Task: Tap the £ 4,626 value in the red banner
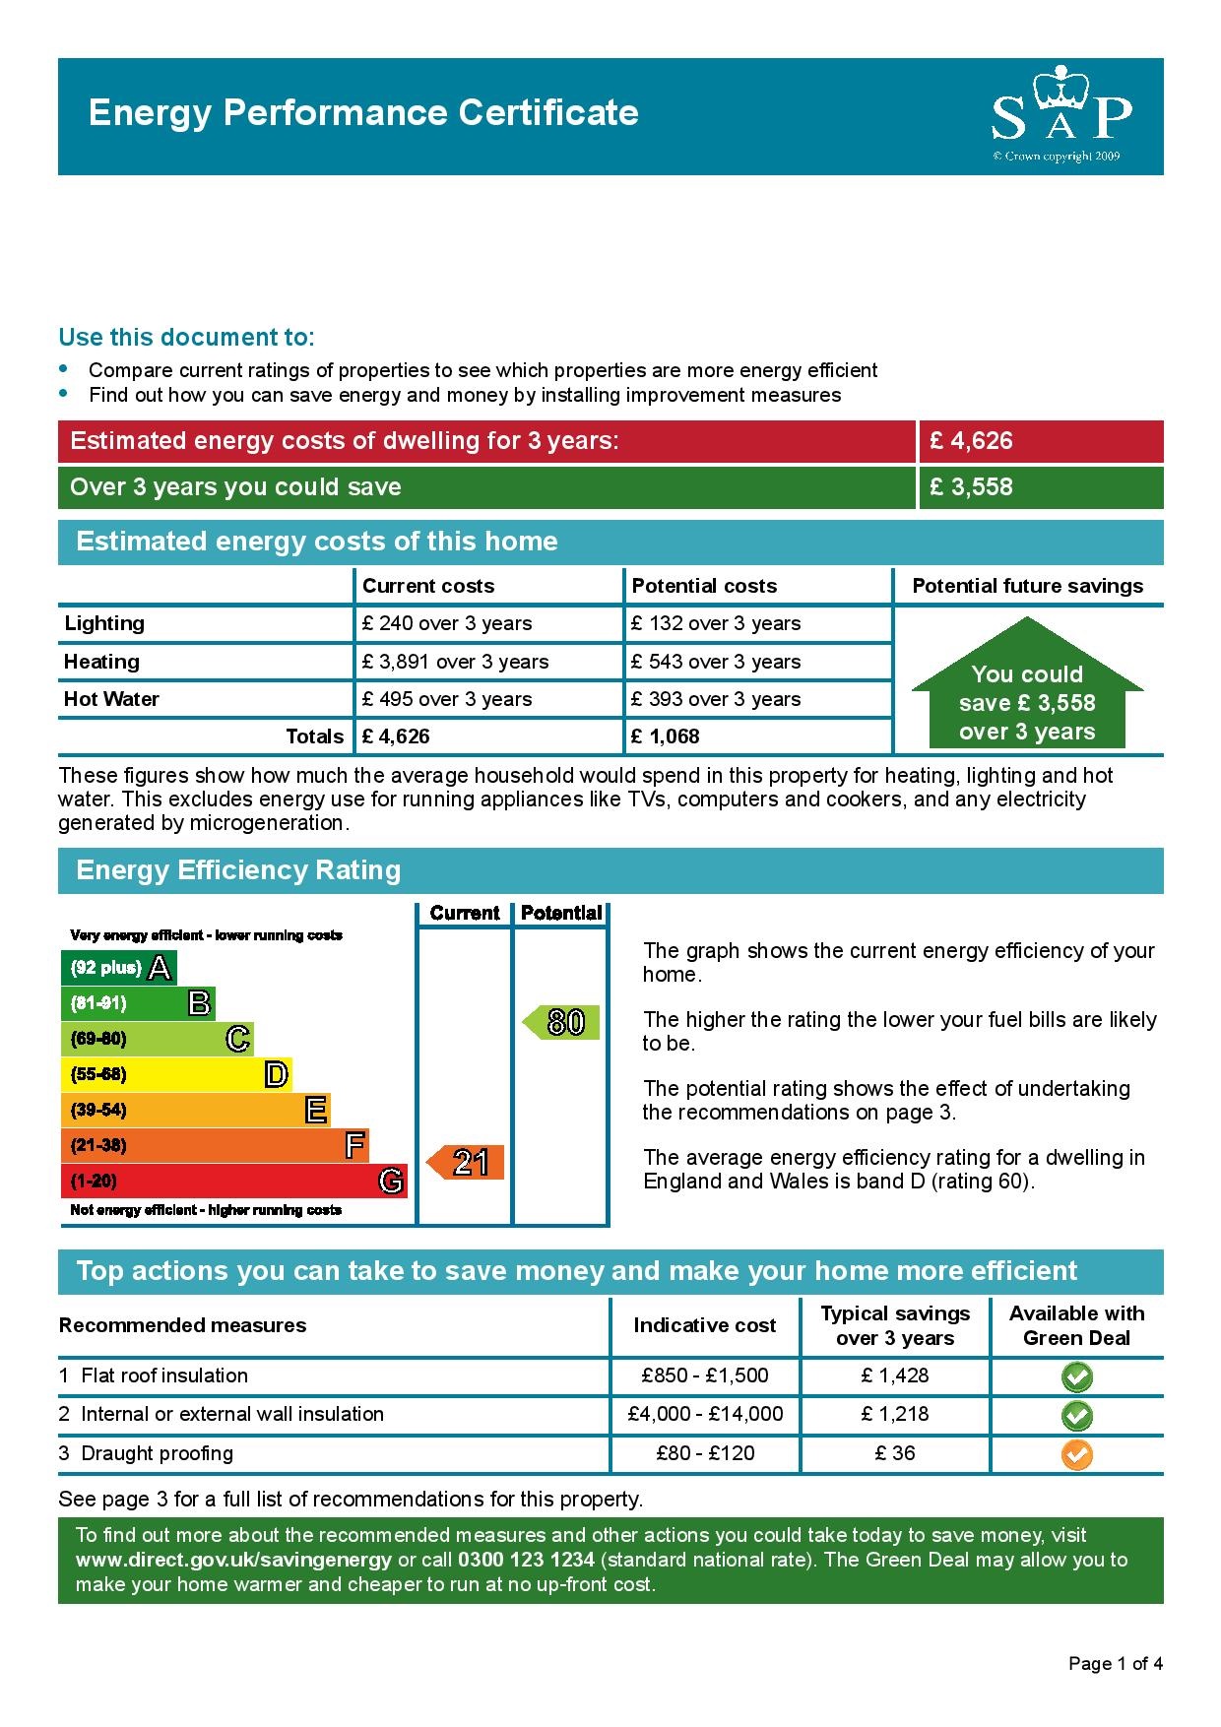coord(971,441)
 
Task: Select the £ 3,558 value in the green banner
coord(971,487)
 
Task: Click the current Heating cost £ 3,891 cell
coord(455,662)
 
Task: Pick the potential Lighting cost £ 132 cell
coord(716,623)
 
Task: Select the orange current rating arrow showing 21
coord(465,1163)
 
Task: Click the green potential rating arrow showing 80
coord(560,1022)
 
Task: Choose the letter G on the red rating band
coord(391,1181)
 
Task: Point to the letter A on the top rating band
coord(160,968)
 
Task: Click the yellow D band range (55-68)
coord(98,1074)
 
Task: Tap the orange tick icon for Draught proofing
coord(1077,1454)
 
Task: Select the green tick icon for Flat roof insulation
coord(1077,1376)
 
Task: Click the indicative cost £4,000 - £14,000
coord(705,1415)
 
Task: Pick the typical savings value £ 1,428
coord(895,1375)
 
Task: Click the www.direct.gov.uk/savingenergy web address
coord(233,1560)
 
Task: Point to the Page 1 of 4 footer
coord(1116,1664)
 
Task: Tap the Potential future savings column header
coord(1027,586)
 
